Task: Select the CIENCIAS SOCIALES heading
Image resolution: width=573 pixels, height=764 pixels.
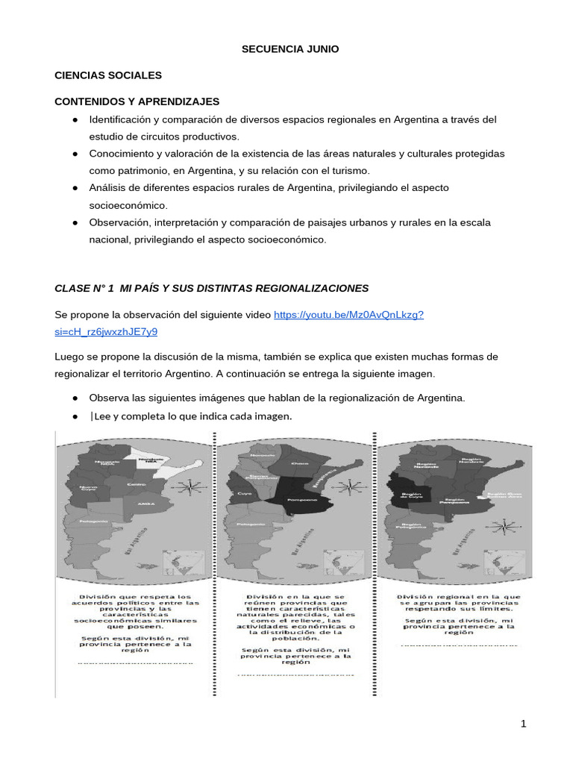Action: [108, 75]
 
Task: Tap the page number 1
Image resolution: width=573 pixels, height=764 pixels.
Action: [524, 723]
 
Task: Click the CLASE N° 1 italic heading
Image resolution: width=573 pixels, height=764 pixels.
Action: [212, 288]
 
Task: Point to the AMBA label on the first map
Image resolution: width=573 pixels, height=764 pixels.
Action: [145, 504]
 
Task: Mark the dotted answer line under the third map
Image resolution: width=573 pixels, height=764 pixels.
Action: [459, 645]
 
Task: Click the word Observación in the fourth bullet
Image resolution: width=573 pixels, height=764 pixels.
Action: [122, 222]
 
